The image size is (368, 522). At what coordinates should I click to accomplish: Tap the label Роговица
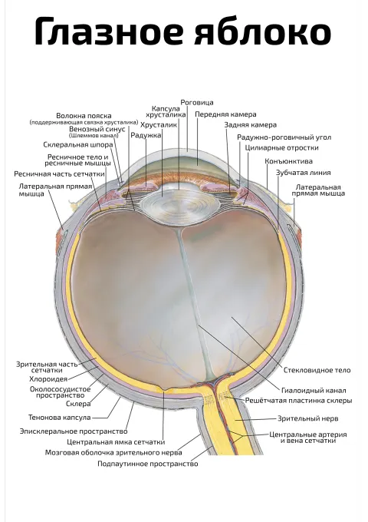pos(197,103)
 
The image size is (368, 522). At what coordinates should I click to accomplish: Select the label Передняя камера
pos(225,114)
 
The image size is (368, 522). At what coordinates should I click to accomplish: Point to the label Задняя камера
pos(251,125)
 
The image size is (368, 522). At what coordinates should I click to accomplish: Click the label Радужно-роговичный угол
pos(284,137)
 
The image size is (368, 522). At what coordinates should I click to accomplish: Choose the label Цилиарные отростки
pos(281,147)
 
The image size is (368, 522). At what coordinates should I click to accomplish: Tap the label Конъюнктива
pos(288,161)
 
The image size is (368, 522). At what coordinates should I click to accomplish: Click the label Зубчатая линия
pos(303,173)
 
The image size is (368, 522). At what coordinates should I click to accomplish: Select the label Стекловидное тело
pos(317,370)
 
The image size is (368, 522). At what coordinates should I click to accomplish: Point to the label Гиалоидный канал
pos(314,391)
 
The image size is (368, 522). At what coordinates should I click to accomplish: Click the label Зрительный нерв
pos(308,418)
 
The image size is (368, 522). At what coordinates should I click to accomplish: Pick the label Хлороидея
pos(48,379)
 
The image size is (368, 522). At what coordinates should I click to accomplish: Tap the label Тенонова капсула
pos(60,417)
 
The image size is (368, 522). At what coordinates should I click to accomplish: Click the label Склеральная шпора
pos(78,145)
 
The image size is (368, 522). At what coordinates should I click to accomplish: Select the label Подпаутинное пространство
pos(148,464)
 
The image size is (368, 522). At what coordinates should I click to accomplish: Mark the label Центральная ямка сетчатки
pos(116,442)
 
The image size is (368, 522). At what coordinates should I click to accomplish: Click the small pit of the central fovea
pos(163,389)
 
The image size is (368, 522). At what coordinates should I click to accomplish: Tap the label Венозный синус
pos(97,129)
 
